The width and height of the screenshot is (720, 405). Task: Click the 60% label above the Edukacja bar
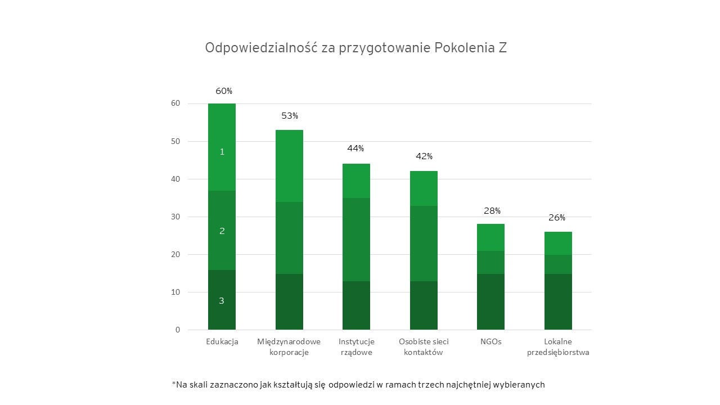(224, 91)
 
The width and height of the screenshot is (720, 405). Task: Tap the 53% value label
(290, 116)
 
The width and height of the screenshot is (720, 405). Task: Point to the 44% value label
(355, 148)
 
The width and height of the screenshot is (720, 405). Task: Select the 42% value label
(424, 156)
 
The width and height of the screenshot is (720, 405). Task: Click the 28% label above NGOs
(492, 211)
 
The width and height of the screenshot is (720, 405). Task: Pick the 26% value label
(557, 218)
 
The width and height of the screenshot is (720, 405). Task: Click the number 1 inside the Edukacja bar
(222, 152)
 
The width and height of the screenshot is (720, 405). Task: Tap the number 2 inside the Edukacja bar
(222, 231)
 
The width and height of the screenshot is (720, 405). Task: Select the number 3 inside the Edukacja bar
(222, 301)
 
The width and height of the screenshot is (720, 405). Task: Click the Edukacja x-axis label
(222, 341)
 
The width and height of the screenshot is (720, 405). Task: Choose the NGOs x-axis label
(491, 341)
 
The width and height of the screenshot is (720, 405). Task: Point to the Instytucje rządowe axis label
(357, 347)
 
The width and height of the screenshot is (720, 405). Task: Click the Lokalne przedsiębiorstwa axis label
(558, 347)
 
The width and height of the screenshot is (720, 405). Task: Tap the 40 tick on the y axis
(176, 179)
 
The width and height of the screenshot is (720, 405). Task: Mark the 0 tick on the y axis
(178, 330)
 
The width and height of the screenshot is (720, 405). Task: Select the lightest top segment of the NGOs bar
(491, 237)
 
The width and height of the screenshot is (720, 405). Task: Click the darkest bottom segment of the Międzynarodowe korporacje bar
(289, 301)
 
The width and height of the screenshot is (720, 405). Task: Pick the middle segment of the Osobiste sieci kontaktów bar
(424, 244)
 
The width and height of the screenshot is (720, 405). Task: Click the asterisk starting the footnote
(174, 384)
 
